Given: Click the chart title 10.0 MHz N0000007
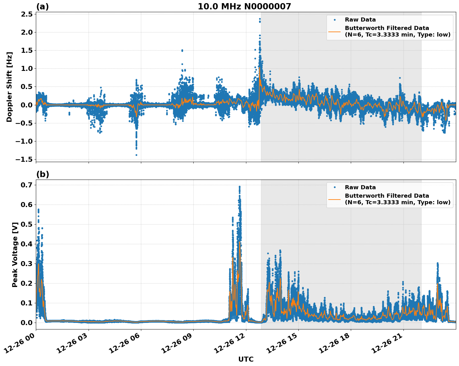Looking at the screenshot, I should coord(244,7).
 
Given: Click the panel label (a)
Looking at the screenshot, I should coord(42,7).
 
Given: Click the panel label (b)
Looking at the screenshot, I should coord(42,174).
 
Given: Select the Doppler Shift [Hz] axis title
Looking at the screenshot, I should coord(9,87).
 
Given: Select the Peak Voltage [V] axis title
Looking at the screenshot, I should coord(15,255).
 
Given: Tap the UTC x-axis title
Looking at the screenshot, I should coord(246,359).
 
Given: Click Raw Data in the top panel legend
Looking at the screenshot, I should coord(360,20).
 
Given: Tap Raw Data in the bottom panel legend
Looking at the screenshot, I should coord(360,187).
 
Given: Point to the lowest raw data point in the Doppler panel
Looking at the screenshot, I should coord(136,155).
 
